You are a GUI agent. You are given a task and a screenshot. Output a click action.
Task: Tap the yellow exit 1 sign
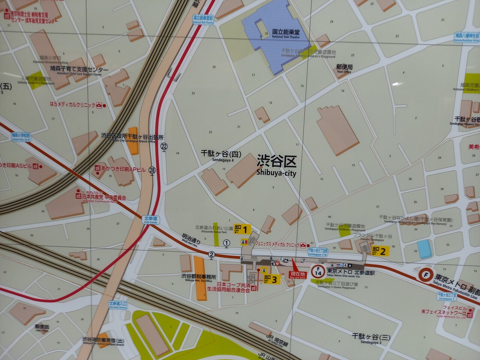click(242, 229)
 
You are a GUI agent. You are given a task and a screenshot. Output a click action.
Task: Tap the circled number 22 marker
click(164, 146)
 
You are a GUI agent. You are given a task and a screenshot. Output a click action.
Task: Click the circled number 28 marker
click(152, 170)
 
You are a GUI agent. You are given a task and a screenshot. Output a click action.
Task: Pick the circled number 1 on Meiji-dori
click(226, 243)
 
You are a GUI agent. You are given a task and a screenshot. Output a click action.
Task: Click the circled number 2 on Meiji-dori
click(212, 255)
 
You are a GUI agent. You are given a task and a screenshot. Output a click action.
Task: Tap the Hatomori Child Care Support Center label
click(79, 70)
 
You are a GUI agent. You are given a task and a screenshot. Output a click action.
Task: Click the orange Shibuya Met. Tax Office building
click(199, 277)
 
